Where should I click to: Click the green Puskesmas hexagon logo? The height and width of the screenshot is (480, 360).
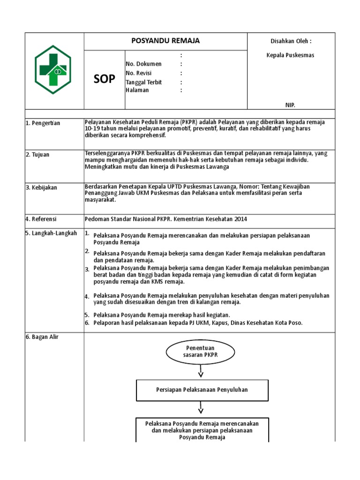coord(53,69)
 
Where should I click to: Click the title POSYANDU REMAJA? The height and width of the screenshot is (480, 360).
coord(165,41)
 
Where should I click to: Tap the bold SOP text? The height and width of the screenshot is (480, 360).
coord(104,79)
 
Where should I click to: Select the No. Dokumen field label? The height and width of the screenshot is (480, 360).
coord(143,64)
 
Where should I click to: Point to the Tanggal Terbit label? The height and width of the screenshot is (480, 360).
coord(143,82)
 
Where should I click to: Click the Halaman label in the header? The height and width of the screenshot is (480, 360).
coord(137,90)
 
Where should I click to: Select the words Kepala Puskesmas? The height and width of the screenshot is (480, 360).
coord(290,55)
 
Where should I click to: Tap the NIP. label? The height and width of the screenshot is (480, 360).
coord(291,105)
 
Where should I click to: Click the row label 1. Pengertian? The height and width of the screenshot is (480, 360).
coord(43,123)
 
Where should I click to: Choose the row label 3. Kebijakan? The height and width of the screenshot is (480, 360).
coord(41,187)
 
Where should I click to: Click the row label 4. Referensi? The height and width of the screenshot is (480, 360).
coord(41,219)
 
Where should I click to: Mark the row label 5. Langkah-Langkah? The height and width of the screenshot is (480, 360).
coord(51,233)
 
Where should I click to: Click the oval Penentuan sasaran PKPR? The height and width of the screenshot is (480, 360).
coord(201,352)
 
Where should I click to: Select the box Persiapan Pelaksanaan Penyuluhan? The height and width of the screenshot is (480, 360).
coord(202,390)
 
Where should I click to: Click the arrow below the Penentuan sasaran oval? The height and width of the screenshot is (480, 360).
coord(201,372)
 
